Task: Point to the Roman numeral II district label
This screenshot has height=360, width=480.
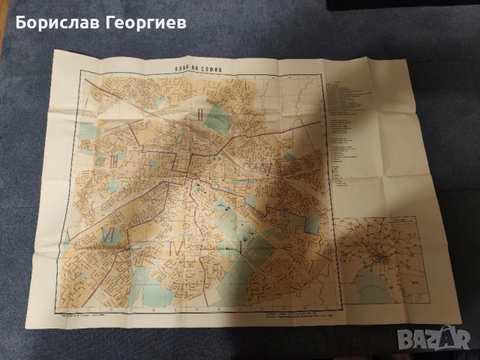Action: point(200,115)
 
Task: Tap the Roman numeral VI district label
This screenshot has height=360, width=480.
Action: point(109,234)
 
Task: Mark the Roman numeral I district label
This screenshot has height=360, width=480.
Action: point(240,245)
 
